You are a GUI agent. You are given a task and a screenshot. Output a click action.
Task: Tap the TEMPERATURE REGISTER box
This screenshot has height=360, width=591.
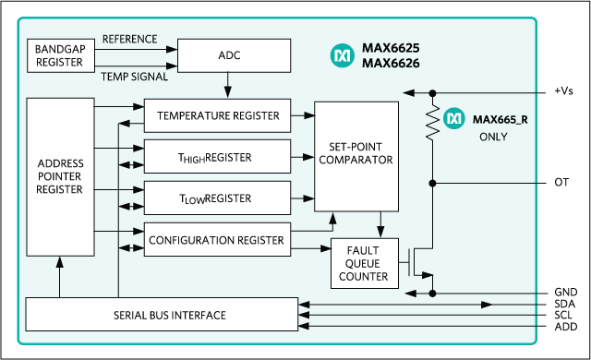pyautogui.click(x=218, y=116)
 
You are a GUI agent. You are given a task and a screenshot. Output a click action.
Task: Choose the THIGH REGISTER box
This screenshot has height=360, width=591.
pyautogui.click(x=218, y=157)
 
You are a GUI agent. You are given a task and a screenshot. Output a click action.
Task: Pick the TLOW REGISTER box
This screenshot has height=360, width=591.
pyautogui.click(x=218, y=198)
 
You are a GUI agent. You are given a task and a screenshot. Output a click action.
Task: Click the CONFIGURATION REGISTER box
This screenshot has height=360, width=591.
pyautogui.click(x=218, y=240)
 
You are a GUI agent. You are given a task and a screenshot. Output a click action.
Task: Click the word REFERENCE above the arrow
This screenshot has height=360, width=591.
pyautogui.click(x=129, y=39)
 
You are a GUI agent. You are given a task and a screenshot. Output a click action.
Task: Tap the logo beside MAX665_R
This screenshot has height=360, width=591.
pyautogui.click(x=454, y=118)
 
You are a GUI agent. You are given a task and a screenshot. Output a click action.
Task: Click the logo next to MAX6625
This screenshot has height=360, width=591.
pyautogui.click(x=342, y=56)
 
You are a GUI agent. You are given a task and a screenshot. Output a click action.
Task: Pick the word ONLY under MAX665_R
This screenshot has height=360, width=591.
pyautogui.click(x=494, y=137)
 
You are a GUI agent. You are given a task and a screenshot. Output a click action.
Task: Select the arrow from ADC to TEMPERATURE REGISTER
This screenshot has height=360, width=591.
pyautogui.click(x=227, y=86)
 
